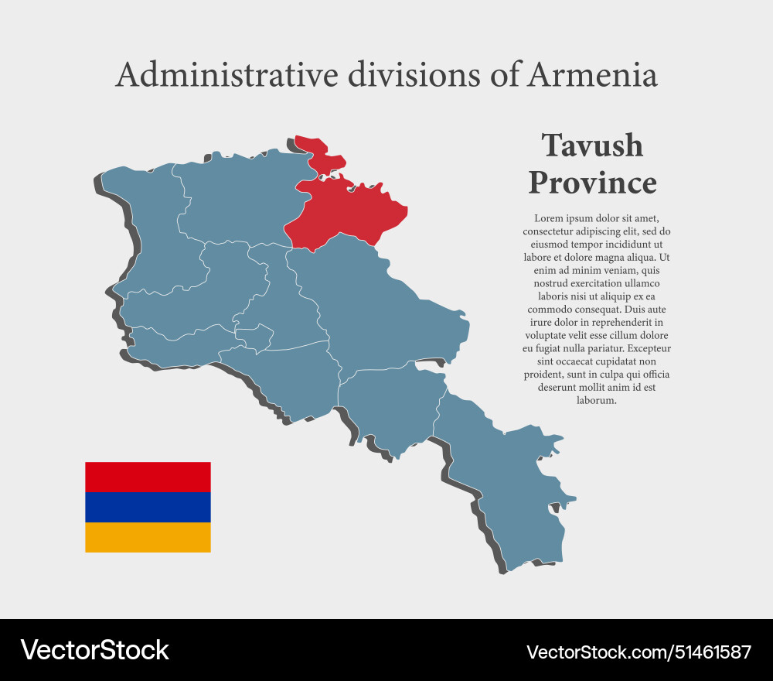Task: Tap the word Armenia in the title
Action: coord(593,75)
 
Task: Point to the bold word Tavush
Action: coord(592,145)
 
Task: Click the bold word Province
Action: coord(592,183)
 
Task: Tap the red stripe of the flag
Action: coord(148,477)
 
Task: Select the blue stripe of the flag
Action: coord(148,507)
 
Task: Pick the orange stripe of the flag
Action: coord(148,537)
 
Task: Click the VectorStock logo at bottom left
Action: coord(95,650)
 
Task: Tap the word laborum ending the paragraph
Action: coord(596,401)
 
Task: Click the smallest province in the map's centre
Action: coord(254,337)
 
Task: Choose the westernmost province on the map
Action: coord(151,224)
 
